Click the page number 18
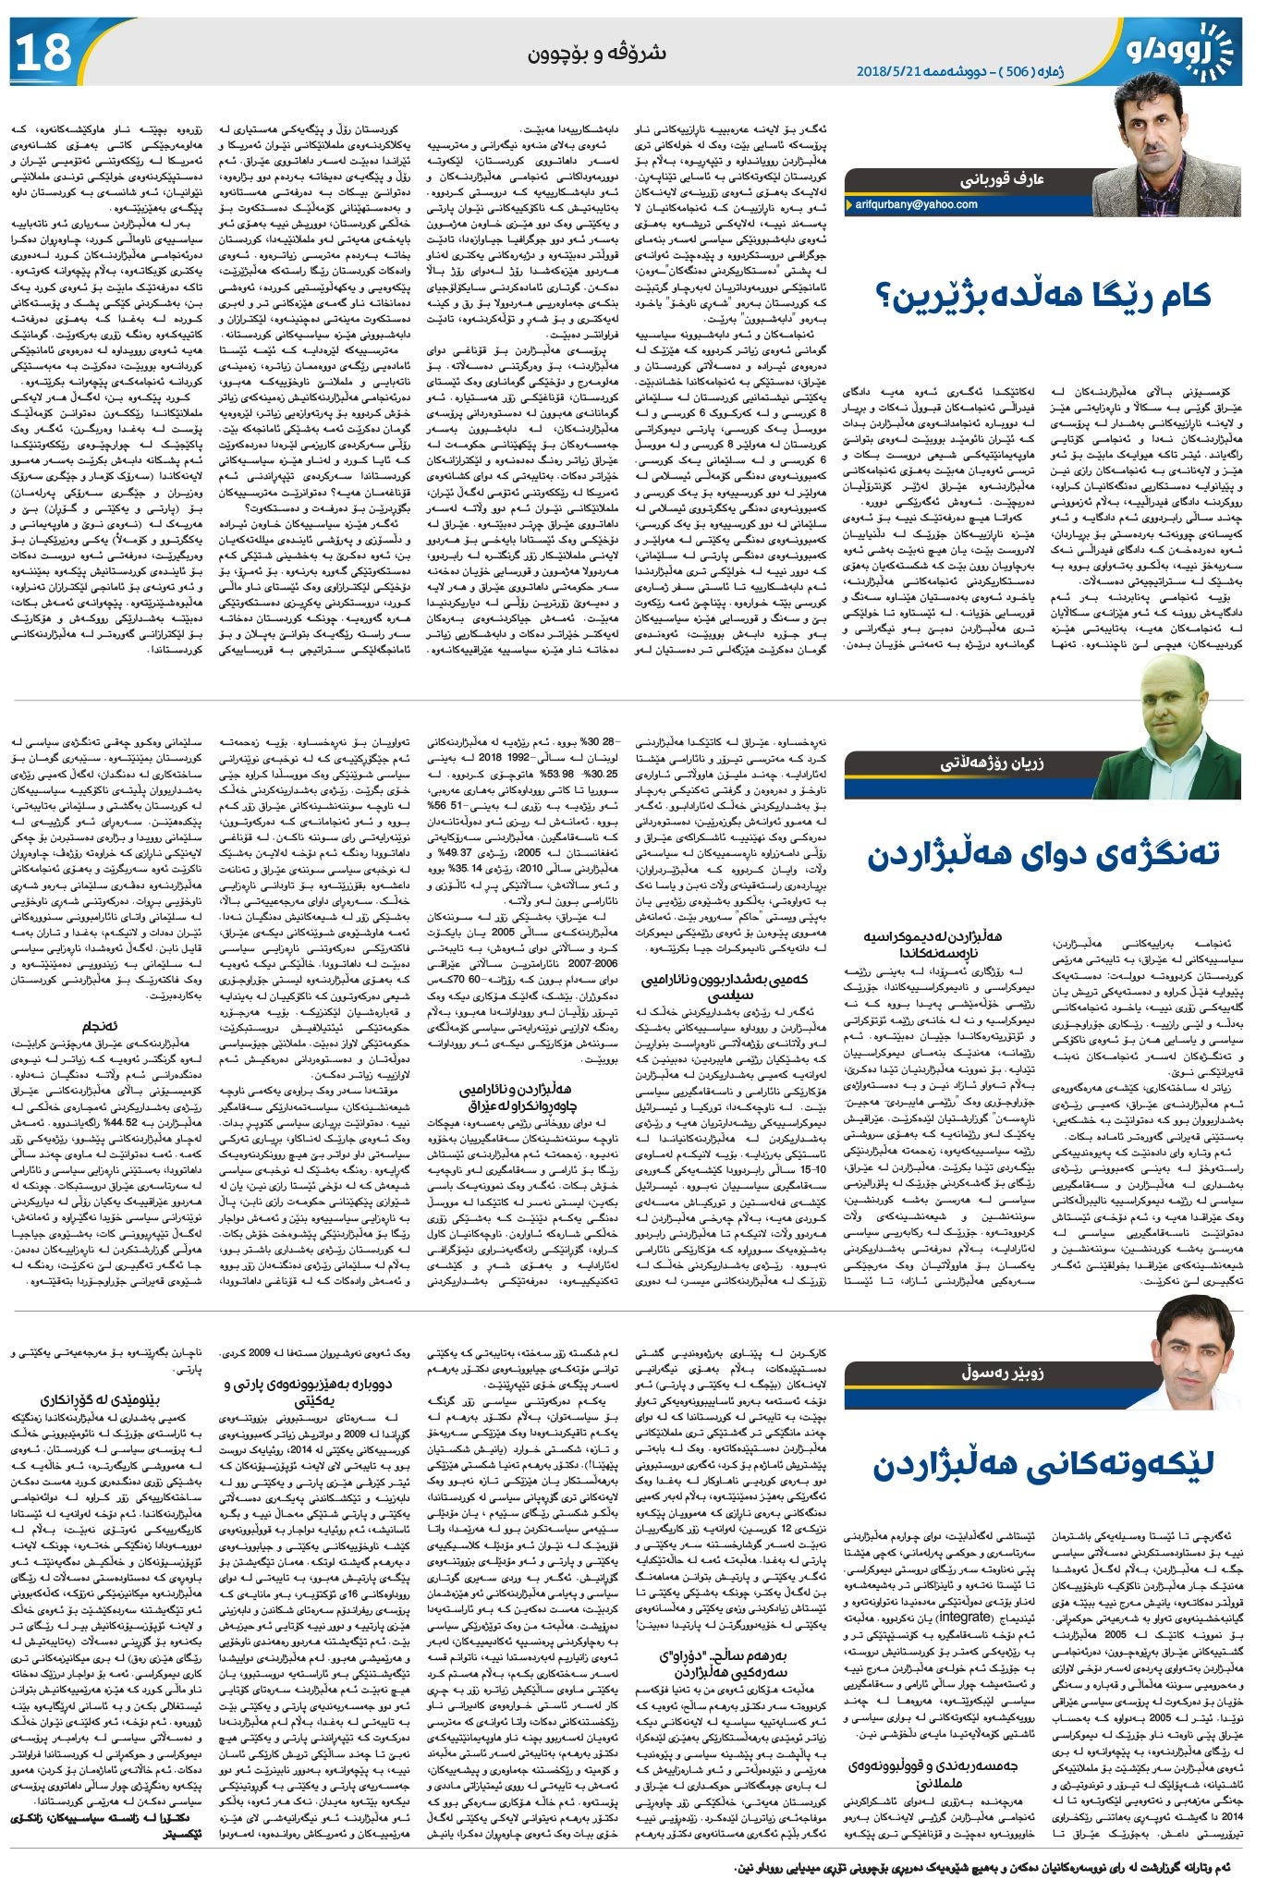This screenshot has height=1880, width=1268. pos(43,52)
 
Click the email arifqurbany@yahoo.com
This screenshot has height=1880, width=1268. pos(916,204)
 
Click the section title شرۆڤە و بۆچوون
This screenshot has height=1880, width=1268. pos(596,53)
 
